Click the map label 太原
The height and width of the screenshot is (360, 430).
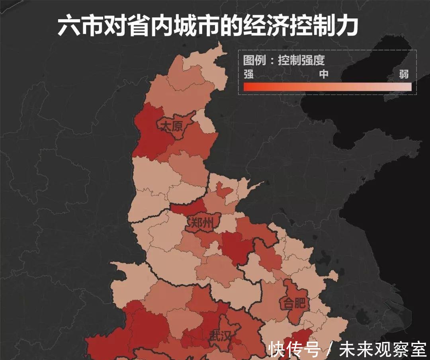171,127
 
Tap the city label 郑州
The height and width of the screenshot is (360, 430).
201,223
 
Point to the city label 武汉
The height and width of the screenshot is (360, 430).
220,337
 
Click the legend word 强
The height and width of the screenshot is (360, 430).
248,74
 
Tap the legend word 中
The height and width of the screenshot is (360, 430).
324,74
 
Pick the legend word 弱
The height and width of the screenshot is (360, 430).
404,74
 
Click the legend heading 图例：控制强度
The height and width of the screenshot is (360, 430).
284,60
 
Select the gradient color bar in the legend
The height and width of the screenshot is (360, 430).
327,87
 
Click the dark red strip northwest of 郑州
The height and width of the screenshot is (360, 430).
187,208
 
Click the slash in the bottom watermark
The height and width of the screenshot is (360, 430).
329,350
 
